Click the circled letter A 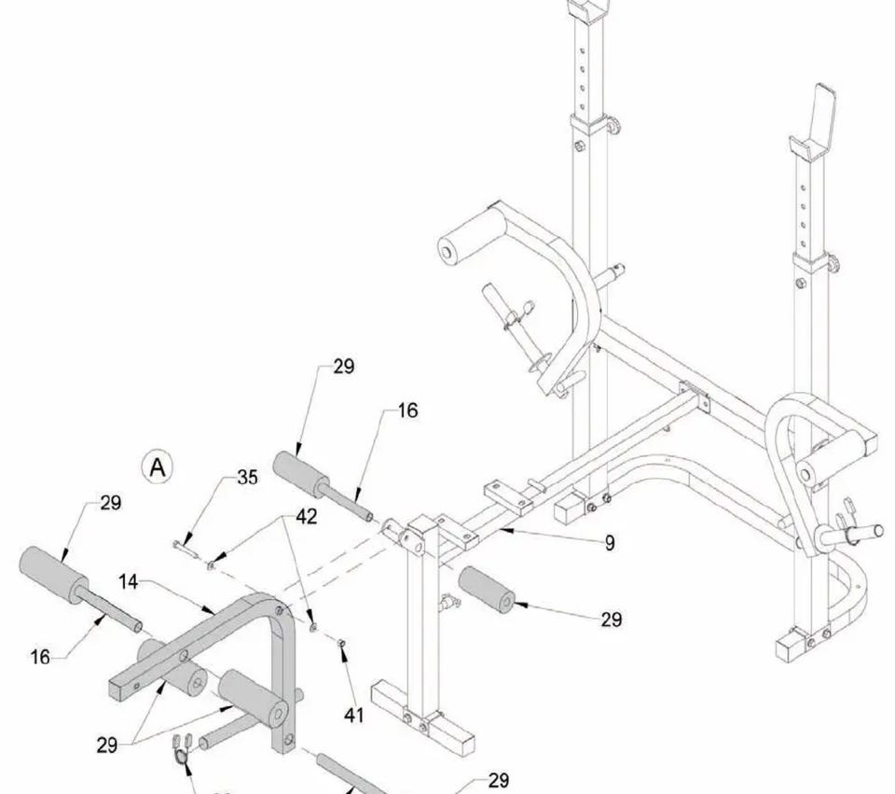click(x=158, y=466)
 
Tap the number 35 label click(x=247, y=478)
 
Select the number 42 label click(x=306, y=516)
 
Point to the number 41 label click(x=353, y=716)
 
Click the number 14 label click(x=130, y=582)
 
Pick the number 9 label click(x=610, y=542)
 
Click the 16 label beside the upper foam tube click(x=407, y=411)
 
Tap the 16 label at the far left click(x=39, y=657)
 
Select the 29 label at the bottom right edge click(x=499, y=780)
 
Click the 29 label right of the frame click(x=611, y=619)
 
